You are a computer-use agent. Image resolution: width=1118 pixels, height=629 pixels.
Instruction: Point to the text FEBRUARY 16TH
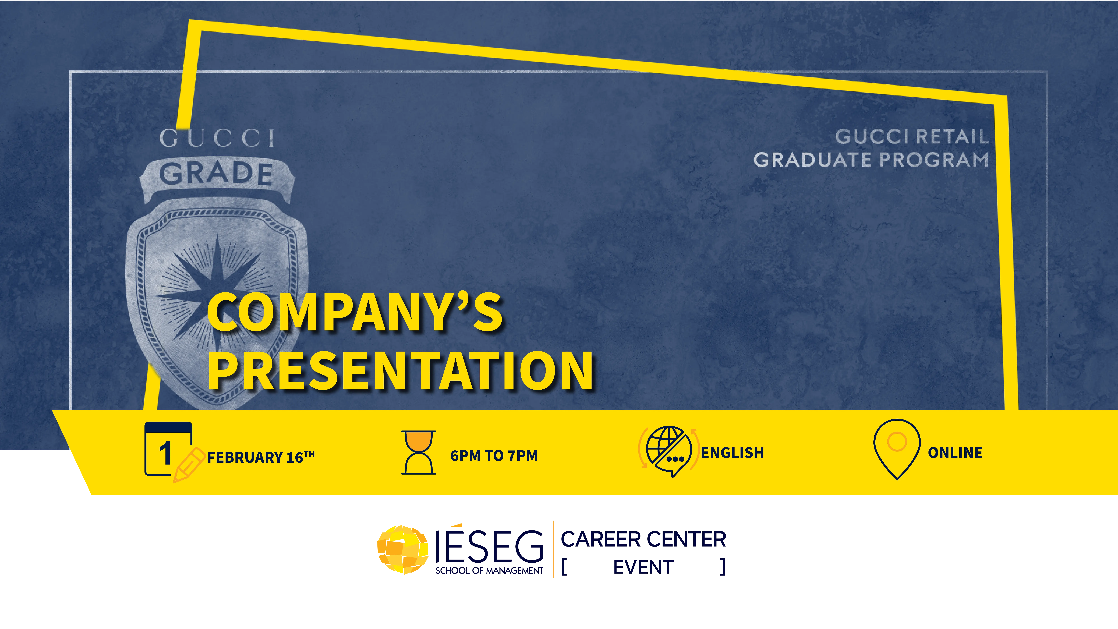pos(261,457)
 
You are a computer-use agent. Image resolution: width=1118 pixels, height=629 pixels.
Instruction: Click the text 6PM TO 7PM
pos(494,455)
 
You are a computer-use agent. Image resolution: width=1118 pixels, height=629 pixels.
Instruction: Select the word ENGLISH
pos(732,453)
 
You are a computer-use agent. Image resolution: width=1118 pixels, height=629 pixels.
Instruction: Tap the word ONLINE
pos(955,453)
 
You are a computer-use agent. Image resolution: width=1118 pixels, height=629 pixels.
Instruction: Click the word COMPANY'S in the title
pos(355,312)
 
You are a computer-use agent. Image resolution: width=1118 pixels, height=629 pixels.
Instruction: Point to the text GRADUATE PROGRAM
pos(871,160)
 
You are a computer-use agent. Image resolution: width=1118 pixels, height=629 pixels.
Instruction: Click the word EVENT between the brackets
pos(643,567)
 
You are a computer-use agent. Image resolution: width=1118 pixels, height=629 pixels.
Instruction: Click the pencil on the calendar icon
pos(188,465)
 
